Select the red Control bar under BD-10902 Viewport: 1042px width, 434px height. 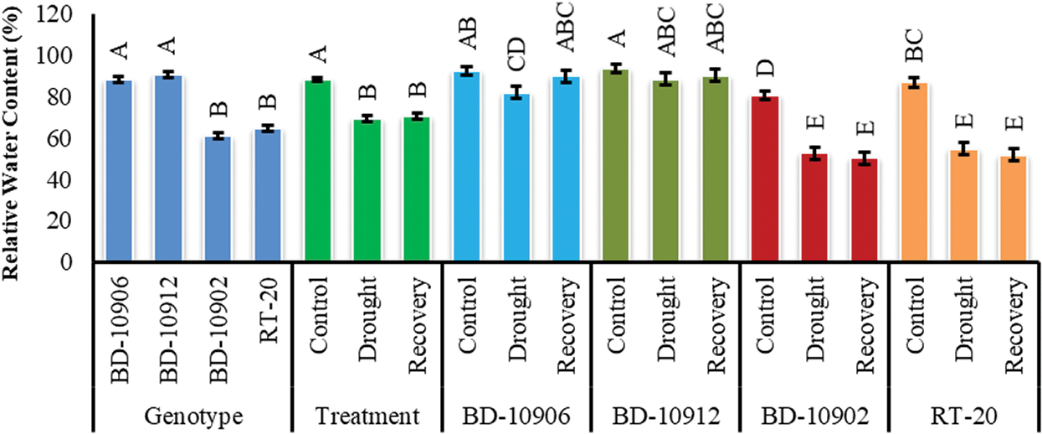point(764,179)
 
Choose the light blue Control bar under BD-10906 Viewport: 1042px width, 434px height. point(466,168)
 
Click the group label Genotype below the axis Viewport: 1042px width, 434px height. point(194,414)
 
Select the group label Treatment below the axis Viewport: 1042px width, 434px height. point(367,414)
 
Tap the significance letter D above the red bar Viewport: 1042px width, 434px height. point(764,66)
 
